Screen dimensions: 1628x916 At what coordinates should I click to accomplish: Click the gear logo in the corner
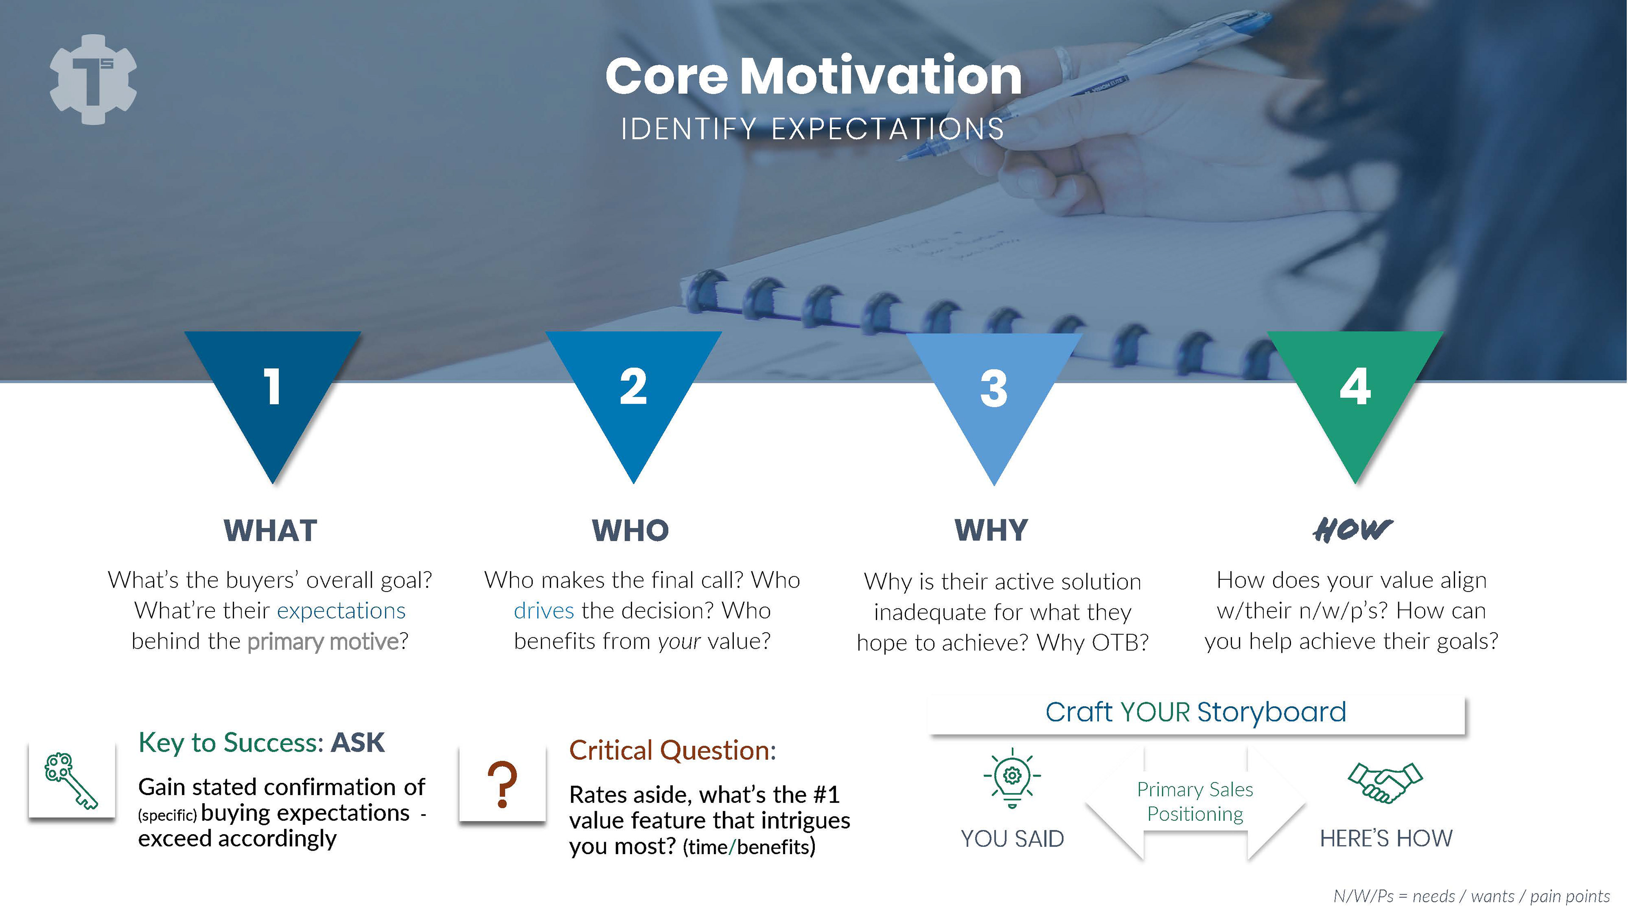(x=93, y=79)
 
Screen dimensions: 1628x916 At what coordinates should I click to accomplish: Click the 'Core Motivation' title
(x=814, y=76)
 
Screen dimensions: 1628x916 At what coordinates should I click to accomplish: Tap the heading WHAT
(x=270, y=531)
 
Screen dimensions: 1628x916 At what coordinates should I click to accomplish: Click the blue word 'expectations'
(x=341, y=611)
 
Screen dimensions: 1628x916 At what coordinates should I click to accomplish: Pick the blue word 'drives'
(x=544, y=611)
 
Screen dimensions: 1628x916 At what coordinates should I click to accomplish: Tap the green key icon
(x=71, y=781)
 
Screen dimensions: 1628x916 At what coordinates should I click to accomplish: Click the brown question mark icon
(x=502, y=784)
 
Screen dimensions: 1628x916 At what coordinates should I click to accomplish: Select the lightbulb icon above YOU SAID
(x=1012, y=778)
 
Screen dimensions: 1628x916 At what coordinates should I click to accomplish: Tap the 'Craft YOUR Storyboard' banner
(x=1196, y=713)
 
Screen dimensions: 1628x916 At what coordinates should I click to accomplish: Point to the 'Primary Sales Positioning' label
(x=1195, y=801)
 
